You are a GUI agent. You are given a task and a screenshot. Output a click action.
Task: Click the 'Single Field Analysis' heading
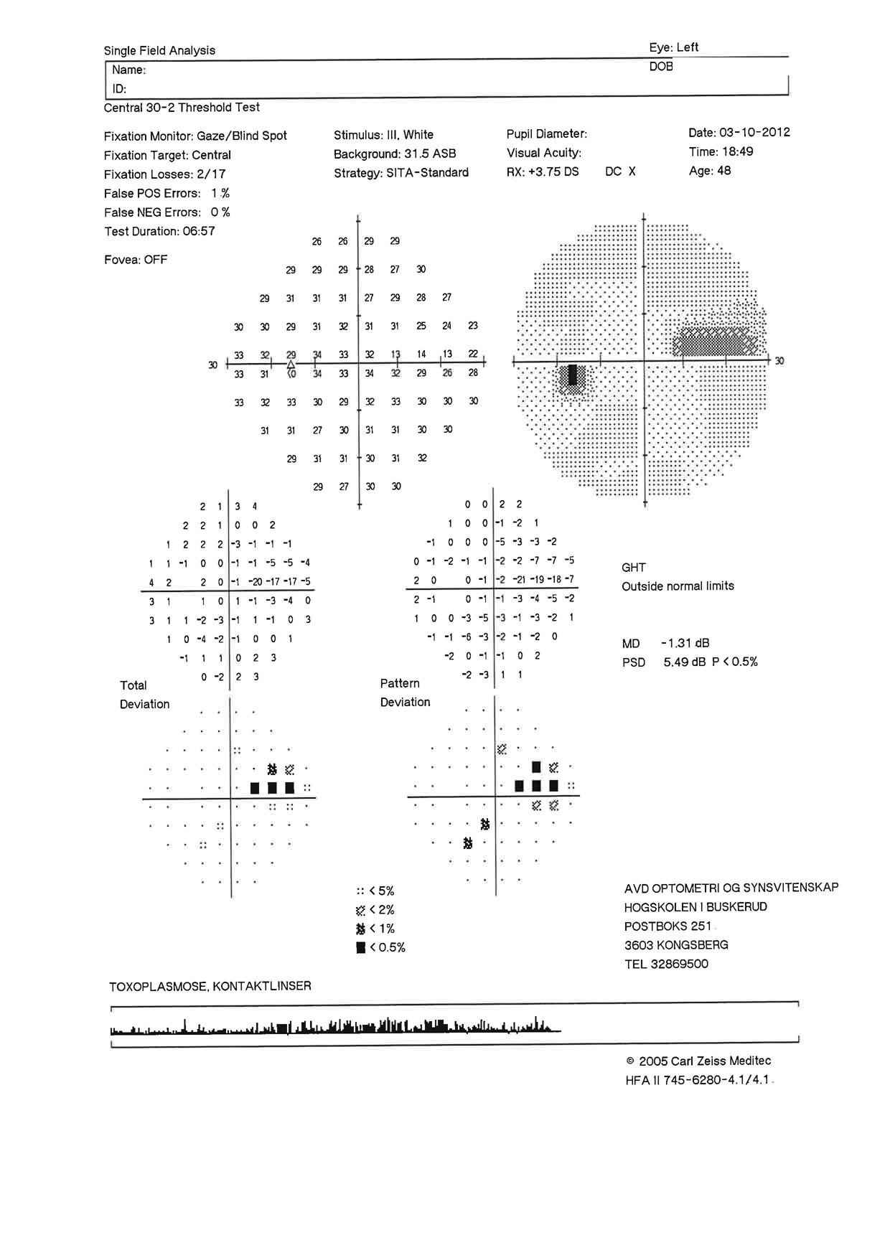click(159, 50)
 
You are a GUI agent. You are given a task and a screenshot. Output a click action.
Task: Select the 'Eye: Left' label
click(673, 47)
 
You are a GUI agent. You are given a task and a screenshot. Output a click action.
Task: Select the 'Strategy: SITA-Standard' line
click(400, 173)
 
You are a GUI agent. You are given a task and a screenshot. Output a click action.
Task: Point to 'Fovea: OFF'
click(136, 260)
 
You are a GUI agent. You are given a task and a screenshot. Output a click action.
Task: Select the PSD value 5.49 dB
click(685, 662)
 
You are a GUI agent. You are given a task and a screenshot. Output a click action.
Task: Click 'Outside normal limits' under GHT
click(678, 586)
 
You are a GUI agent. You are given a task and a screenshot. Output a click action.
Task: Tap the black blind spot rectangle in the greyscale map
click(572, 375)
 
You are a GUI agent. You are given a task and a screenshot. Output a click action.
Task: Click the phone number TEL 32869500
click(665, 964)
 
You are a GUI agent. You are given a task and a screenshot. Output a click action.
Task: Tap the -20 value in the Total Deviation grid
click(255, 582)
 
